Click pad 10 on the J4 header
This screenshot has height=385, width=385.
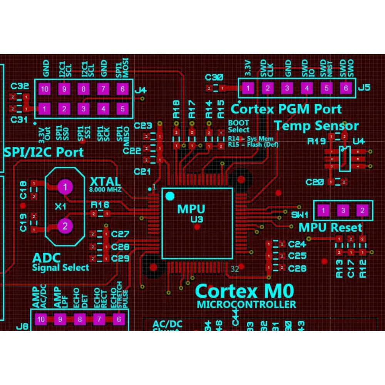[x=45, y=89]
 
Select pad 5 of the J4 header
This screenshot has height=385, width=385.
[x=122, y=109]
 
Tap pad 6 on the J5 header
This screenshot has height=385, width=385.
[x=346, y=88]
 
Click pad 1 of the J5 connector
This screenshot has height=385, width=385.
[x=248, y=88]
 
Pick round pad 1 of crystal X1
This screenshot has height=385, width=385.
[x=65, y=187]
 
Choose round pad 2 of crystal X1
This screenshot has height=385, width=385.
[x=65, y=226]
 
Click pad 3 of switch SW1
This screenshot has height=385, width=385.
[x=343, y=211]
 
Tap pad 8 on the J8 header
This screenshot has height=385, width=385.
[x=80, y=319]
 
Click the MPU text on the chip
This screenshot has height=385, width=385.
[x=191, y=209]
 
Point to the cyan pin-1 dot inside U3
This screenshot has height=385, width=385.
[x=169, y=196]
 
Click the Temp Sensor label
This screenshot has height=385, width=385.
[x=316, y=126]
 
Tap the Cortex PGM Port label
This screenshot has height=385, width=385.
[x=286, y=109]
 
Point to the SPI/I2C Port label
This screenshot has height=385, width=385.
[x=43, y=152]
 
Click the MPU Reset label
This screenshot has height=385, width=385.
[x=330, y=227]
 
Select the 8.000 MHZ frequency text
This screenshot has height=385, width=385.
[x=105, y=190]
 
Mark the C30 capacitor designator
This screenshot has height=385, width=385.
[x=214, y=77]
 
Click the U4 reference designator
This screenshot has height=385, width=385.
[x=358, y=141]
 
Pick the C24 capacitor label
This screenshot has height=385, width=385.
[x=297, y=244]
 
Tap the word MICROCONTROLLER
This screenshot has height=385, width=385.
[x=246, y=305]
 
